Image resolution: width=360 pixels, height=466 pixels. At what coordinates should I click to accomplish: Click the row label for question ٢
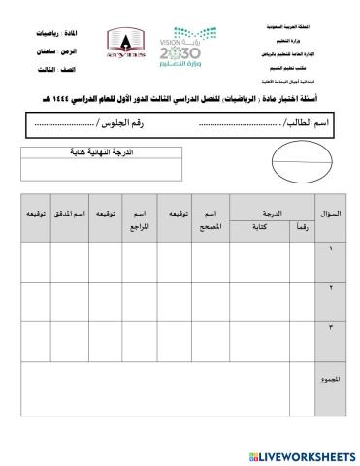pyautogui.click(x=330, y=287)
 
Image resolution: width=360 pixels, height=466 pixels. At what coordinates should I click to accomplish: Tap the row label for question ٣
pyautogui.click(x=330, y=327)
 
